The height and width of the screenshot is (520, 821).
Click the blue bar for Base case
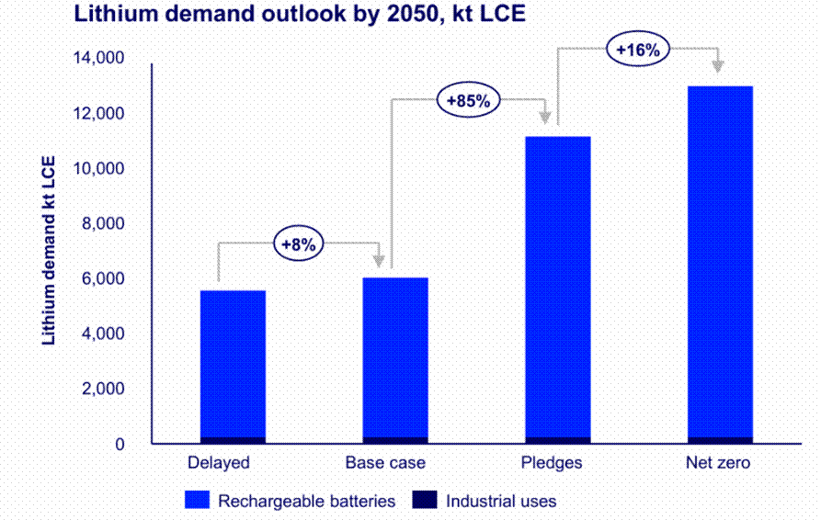click(395, 358)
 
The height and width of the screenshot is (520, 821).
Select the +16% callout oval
click(637, 50)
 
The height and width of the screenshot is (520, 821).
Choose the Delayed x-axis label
click(219, 463)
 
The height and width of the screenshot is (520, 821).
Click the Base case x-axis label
click(385, 463)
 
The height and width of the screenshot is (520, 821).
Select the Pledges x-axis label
click(551, 463)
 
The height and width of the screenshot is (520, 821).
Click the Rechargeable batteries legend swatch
click(199, 501)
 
